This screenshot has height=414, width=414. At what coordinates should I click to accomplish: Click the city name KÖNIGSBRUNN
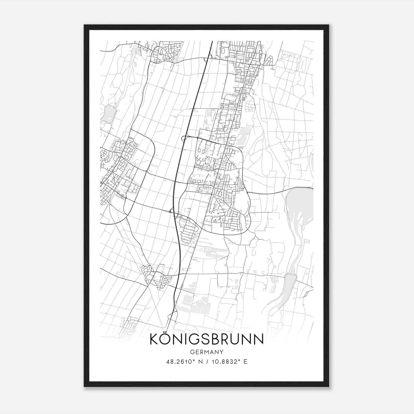206,339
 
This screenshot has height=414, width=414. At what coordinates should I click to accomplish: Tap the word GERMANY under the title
206,352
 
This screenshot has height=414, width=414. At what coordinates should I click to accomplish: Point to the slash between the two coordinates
206,362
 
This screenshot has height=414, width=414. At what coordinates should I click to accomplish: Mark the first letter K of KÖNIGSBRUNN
154,339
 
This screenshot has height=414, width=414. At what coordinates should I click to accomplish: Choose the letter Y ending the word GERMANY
221,352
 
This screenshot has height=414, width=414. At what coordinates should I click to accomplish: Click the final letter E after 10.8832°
246,362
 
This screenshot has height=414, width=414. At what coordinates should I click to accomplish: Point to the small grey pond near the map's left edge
108,114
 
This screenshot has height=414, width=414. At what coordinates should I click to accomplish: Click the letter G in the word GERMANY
192,352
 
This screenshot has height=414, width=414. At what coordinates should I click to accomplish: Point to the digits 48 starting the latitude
169,362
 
